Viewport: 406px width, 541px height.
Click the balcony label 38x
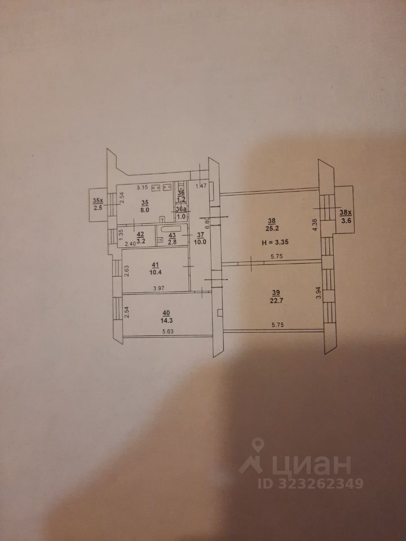point(345,212)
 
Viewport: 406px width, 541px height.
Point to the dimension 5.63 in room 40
point(167,332)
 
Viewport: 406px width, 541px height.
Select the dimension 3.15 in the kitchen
point(143,187)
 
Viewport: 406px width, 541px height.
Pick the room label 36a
point(182,208)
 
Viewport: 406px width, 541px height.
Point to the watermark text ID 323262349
point(310,484)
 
